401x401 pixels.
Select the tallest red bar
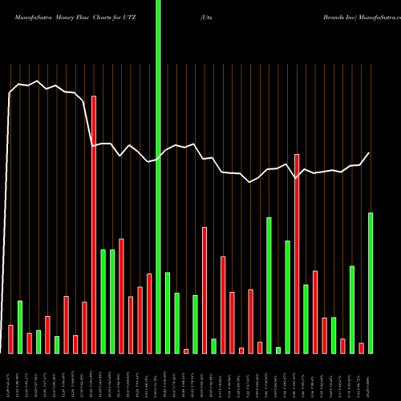[94, 225]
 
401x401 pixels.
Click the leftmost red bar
[10, 338]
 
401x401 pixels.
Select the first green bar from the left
[20, 326]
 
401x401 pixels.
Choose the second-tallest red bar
[297, 253]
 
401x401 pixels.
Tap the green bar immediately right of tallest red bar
[103, 301]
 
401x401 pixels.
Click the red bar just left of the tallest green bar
[149, 313]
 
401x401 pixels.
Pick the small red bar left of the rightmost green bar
[362, 347]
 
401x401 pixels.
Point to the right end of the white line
[370, 153]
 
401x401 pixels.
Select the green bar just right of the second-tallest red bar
[306, 318]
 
